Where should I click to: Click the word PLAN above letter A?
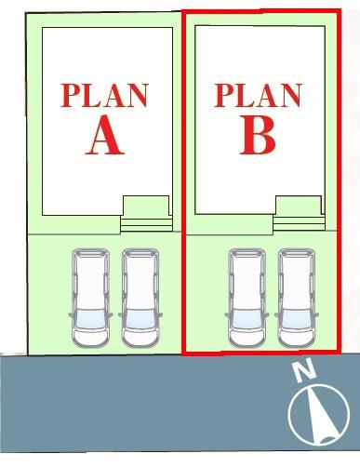[x=105, y=96]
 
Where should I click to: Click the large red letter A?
[x=105, y=135]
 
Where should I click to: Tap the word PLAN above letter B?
[x=258, y=95]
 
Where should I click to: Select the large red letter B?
[x=258, y=135]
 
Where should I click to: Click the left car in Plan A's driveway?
[x=90, y=298]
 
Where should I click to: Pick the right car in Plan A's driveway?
[x=140, y=298]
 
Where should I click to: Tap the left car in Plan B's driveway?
[x=247, y=298]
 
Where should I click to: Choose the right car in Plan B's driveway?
[x=297, y=298]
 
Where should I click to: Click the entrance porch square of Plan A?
[x=146, y=206]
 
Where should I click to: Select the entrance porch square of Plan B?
[x=299, y=206]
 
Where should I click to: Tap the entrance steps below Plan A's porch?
[x=146, y=224]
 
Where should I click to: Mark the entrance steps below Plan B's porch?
[x=299, y=224]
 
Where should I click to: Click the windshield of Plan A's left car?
[x=90, y=319]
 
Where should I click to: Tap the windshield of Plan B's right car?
[x=297, y=319]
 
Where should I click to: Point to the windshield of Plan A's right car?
[x=140, y=319]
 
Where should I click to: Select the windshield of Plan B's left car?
[x=247, y=319]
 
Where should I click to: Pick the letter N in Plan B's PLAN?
[x=289, y=96]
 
